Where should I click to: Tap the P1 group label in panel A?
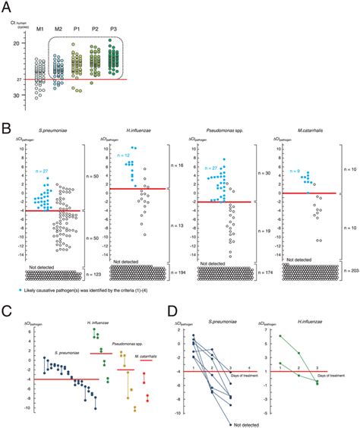(x=75, y=29)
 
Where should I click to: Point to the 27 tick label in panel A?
(x=7, y=79)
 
